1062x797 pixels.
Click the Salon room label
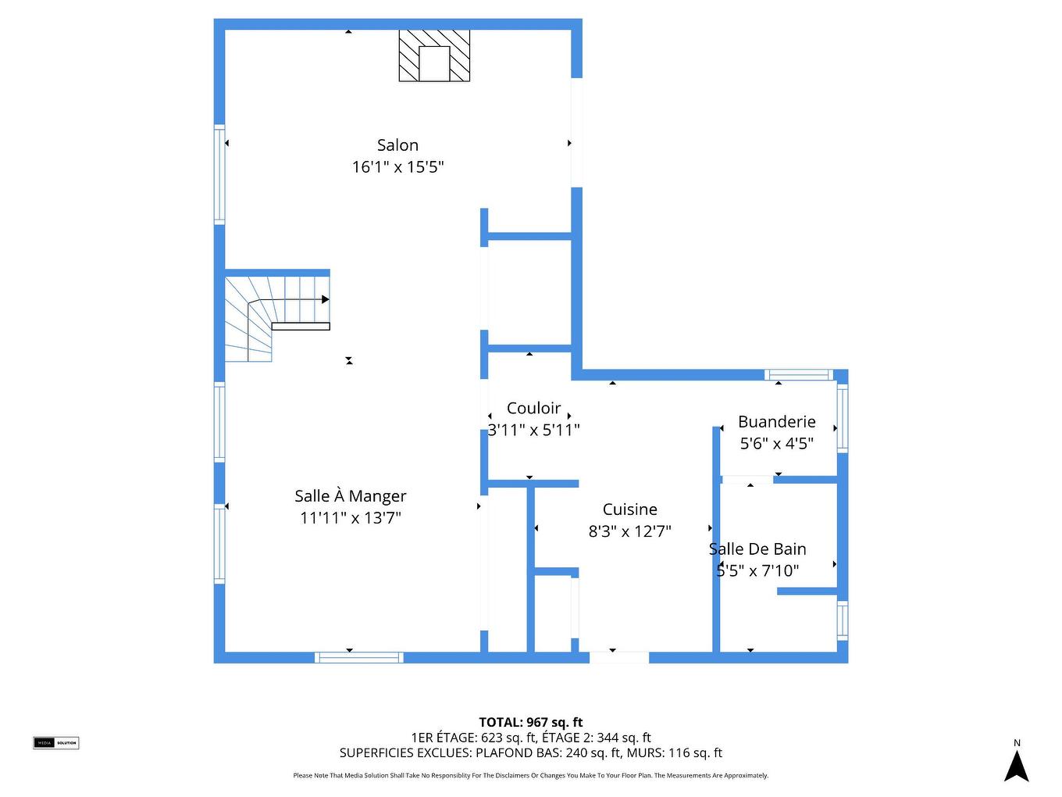pos(397,145)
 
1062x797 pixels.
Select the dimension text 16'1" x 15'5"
pos(397,167)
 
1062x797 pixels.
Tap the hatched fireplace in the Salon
pos(434,55)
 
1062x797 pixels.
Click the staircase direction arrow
pos(325,299)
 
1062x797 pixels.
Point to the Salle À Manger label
pos(350,496)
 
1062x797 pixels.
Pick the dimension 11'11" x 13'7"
pos(350,518)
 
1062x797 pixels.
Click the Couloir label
pos(533,408)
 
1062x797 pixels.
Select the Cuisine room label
pos(629,509)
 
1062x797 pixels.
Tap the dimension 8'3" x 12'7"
pos(629,531)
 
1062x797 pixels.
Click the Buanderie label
pos(776,422)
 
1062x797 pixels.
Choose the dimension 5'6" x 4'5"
pos(776,444)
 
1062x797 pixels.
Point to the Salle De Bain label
pos(757,549)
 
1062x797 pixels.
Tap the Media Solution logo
pos(55,742)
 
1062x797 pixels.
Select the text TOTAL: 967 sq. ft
pos(530,723)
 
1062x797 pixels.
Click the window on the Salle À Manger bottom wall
pos(359,658)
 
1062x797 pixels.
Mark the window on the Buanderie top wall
pos(798,375)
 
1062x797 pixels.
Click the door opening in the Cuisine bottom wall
pos(618,658)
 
